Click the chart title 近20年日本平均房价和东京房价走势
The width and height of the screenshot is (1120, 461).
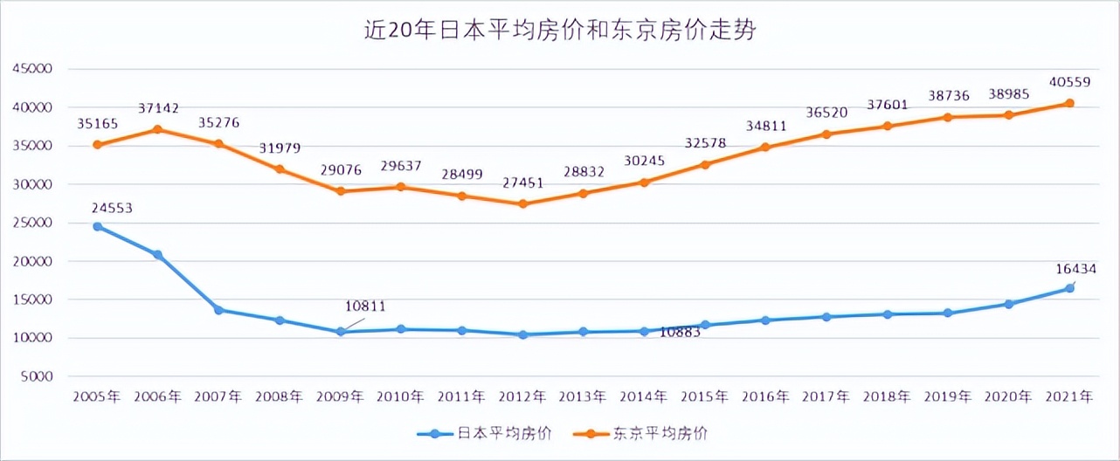point(559,31)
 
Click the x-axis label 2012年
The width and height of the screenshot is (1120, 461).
point(522,396)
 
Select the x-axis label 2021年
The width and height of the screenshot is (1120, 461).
point(1068,396)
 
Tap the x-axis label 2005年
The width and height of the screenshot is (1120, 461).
point(97,396)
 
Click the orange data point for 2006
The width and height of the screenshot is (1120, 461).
point(158,129)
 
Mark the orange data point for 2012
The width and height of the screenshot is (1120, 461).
point(522,203)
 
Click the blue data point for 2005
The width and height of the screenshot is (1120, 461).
point(97,226)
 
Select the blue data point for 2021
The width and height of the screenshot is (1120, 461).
point(1068,288)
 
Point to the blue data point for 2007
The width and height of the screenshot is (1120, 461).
point(218,310)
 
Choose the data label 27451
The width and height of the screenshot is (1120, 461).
point(523,183)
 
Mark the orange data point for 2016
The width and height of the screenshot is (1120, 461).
point(765,147)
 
